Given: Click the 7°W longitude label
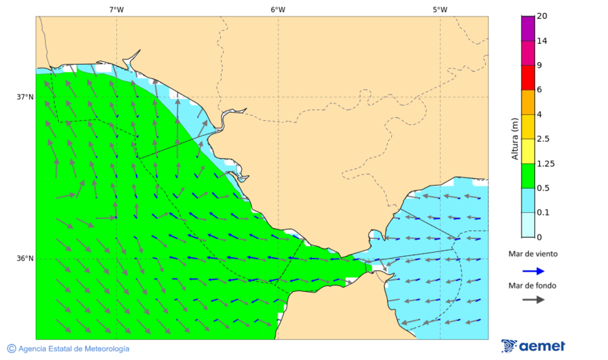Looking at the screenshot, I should tap(116, 9).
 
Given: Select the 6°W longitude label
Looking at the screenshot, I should tap(278, 9).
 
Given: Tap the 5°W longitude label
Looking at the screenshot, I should tap(440, 9).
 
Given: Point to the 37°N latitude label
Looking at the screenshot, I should tap(25, 97).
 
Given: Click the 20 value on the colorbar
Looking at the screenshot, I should tap(541, 16).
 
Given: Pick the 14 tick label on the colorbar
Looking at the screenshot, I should tap(541, 41).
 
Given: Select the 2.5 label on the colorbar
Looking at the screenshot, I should tap(543, 139).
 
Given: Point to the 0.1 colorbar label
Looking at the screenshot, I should tap(543, 213).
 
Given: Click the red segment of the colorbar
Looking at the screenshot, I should tap(528, 77).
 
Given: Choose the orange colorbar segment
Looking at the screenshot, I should tap(528, 102).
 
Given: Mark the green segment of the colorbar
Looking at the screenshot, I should tap(528, 176).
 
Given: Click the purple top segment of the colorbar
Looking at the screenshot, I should tap(528, 28).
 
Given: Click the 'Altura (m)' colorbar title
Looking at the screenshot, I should tap(515, 138).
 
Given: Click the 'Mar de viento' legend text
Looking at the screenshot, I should tap(533, 254).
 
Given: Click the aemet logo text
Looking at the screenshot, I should tap(542, 346).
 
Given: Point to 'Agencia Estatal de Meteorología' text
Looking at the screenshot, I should tap(74, 349).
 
